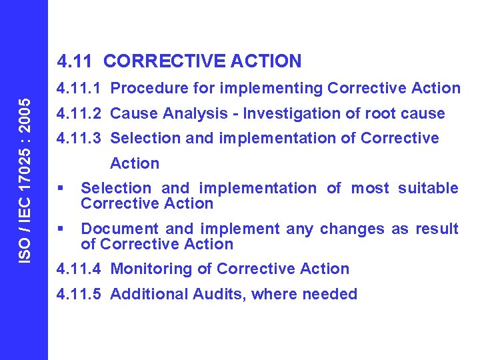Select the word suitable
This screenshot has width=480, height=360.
428,189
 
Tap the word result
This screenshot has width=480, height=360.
437,229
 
